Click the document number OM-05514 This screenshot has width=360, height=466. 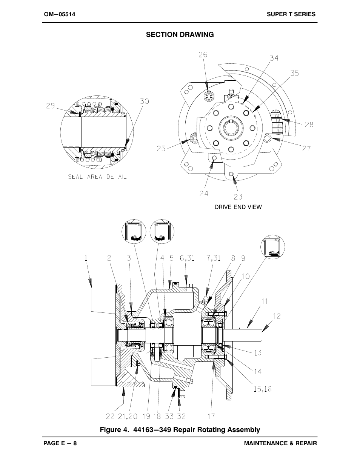click(59, 14)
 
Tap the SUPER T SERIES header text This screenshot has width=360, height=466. click(291, 14)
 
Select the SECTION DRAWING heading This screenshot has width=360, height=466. click(180, 35)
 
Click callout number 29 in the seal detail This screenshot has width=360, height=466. click(51, 106)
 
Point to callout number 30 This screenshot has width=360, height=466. click(145, 101)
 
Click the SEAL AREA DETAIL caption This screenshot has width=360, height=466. click(97, 177)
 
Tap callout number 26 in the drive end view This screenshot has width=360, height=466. click(203, 55)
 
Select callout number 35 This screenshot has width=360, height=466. click(295, 73)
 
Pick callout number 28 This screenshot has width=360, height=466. click(309, 125)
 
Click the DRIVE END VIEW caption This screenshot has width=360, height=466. click(238, 207)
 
